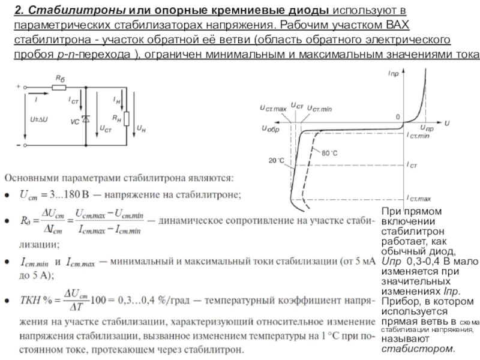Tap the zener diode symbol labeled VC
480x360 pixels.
[86, 119]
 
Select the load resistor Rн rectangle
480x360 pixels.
[126, 119]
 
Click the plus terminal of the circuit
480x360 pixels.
[19, 86]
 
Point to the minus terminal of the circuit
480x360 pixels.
[19, 145]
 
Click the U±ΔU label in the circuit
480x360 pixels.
[39, 119]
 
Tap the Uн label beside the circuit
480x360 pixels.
[142, 128]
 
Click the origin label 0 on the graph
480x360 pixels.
[396, 116]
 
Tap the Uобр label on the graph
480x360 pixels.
[270, 129]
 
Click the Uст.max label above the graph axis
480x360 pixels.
[273, 108]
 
